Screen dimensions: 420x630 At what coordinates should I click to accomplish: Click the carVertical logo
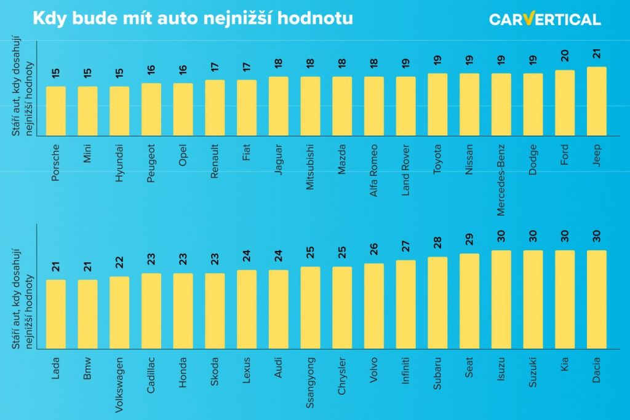[544, 19]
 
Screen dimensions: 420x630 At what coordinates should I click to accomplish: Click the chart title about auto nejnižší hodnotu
[193, 18]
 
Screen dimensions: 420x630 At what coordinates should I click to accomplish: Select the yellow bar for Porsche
[56, 111]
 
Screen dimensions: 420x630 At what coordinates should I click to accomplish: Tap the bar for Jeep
[597, 101]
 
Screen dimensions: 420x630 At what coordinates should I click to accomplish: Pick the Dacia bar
[597, 299]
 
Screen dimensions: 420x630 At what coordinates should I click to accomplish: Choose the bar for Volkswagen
[119, 312]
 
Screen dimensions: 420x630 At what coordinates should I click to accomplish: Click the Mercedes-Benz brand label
[501, 180]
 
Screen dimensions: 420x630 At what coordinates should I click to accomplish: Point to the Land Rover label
[406, 169]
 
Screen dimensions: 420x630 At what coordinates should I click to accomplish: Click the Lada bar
[56, 314]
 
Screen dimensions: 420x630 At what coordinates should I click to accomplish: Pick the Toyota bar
[437, 105]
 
